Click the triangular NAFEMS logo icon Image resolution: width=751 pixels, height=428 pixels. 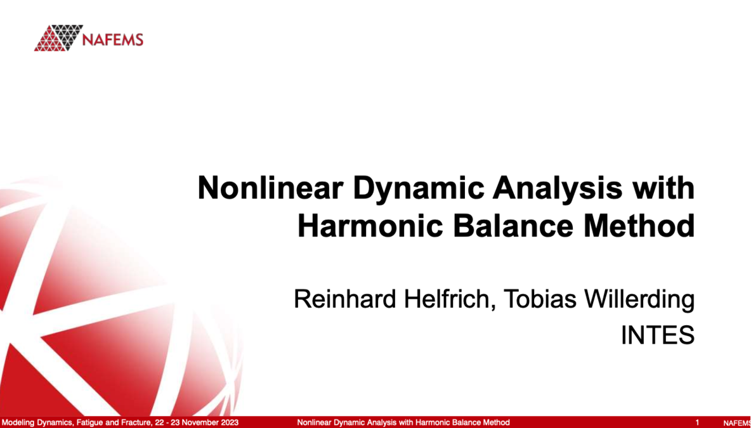(58, 38)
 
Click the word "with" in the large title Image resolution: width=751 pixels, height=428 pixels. (665, 189)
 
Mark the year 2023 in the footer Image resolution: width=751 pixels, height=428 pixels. (230, 422)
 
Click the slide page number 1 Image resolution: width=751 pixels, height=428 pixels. (697, 422)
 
